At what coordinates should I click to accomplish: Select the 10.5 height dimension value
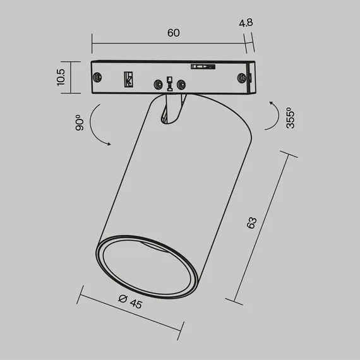[x=61, y=77]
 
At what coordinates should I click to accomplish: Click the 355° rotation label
[x=290, y=117]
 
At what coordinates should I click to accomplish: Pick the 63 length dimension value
[x=252, y=222]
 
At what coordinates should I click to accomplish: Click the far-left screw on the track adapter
[x=98, y=76]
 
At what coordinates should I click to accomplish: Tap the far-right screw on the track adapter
[x=242, y=77]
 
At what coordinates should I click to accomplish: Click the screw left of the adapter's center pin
[x=156, y=83]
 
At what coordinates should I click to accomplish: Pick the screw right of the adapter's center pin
[x=182, y=83]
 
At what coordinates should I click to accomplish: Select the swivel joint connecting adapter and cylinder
[x=171, y=107]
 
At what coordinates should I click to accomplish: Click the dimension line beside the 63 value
[x=266, y=227]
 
